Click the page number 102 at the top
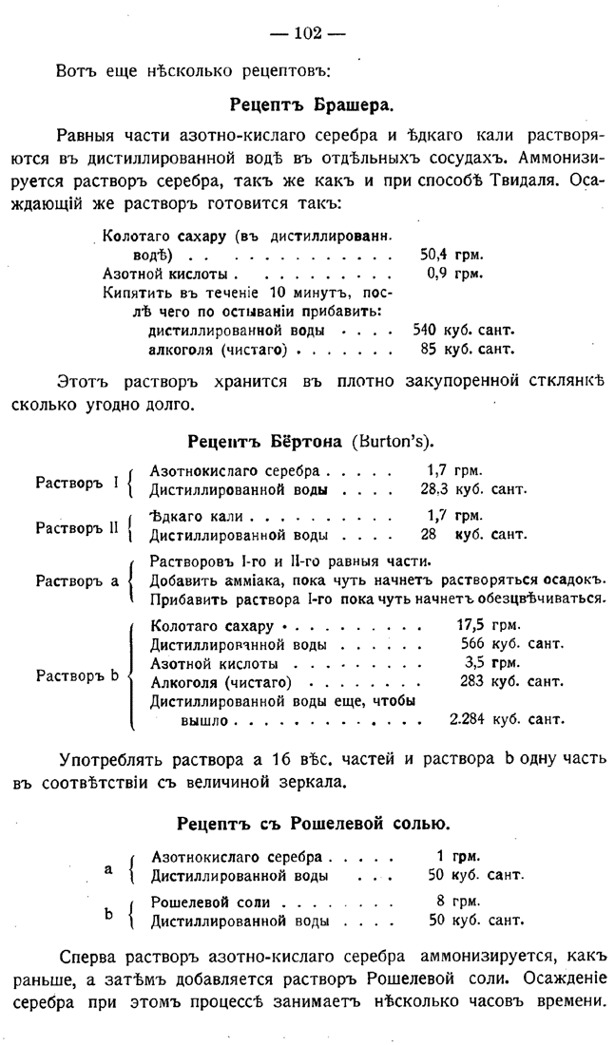[x=307, y=34]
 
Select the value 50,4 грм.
[x=452, y=255]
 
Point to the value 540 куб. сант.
[x=463, y=331]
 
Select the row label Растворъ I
[x=76, y=482]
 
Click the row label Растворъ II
[x=79, y=526]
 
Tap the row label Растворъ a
[x=77, y=579]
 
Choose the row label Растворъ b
[x=77, y=675]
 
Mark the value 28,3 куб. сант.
[x=472, y=490]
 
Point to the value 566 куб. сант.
[x=505, y=645]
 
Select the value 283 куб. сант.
[x=505, y=682]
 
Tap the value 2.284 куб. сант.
[x=507, y=721]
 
